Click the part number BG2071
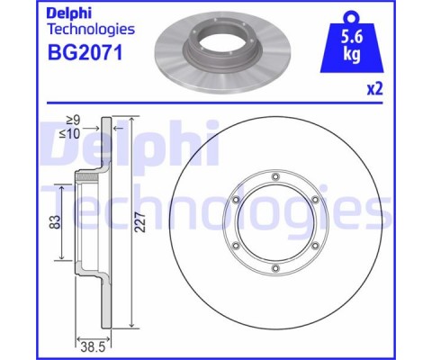point(85,52)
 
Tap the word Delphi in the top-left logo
point(69,13)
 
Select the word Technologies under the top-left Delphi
point(91,30)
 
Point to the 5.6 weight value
point(352,38)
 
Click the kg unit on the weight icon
point(352,55)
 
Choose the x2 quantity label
point(375,89)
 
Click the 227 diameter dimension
point(140,222)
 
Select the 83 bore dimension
point(55,222)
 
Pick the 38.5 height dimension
point(93,347)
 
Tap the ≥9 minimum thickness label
point(73,121)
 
